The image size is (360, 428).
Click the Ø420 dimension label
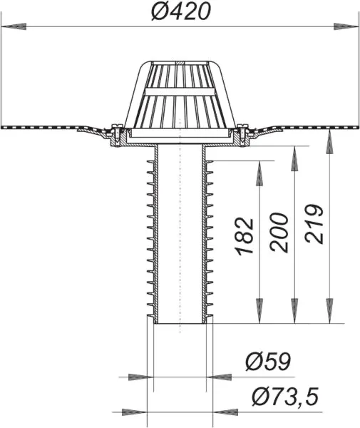pyautogui.click(x=181, y=11)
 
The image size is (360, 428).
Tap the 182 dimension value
pyautogui.click(x=245, y=237)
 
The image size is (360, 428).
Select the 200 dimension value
pyautogui.click(x=279, y=233)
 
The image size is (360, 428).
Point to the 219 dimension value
pyautogui.click(x=314, y=223)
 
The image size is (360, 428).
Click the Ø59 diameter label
pyautogui.click(x=268, y=362)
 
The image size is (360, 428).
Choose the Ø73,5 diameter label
pyautogui.click(x=285, y=397)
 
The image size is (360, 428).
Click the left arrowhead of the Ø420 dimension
pyautogui.click(x=14, y=26)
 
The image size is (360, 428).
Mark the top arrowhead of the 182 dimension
pyautogui.click(x=259, y=173)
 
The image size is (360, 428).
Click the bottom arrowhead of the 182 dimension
pyautogui.click(x=259, y=311)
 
